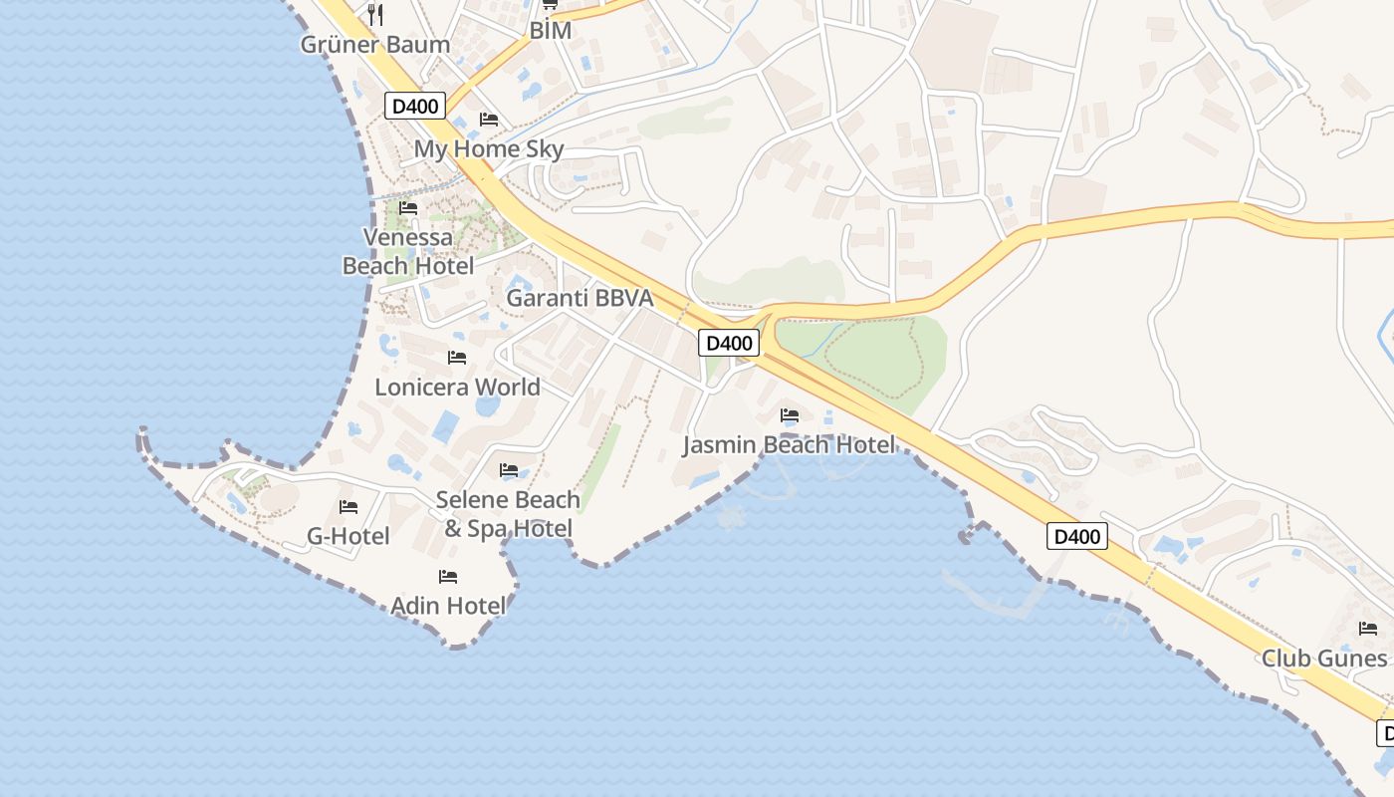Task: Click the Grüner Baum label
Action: click(x=375, y=45)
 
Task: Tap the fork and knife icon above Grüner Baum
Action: click(x=375, y=14)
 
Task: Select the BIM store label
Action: click(x=550, y=31)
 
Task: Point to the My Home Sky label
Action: click(x=489, y=149)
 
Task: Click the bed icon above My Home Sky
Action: click(x=489, y=120)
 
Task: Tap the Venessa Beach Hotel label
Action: click(x=408, y=251)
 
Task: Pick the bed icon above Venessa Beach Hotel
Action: click(x=408, y=208)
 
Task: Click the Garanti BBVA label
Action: click(x=580, y=298)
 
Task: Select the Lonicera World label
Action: click(x=457, y=387)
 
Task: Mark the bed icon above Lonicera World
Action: click(x=457, y=357)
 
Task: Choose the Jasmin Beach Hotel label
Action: click(x=789, y=444)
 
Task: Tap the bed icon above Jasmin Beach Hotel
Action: click(x=790, y=414)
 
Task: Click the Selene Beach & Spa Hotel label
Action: click(x=508, y=514)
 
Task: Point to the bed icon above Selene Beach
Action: click(x=509, y=469)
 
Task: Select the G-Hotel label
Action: click(x=348, y=536)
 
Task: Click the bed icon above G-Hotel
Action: click(x=348, y=507)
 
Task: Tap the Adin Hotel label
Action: click(x=448, y=606)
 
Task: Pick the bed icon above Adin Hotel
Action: click(x=448, y=576)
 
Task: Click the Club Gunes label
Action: click(x=1324, y=659)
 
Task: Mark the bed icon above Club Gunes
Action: click(x=1368, y=629)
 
